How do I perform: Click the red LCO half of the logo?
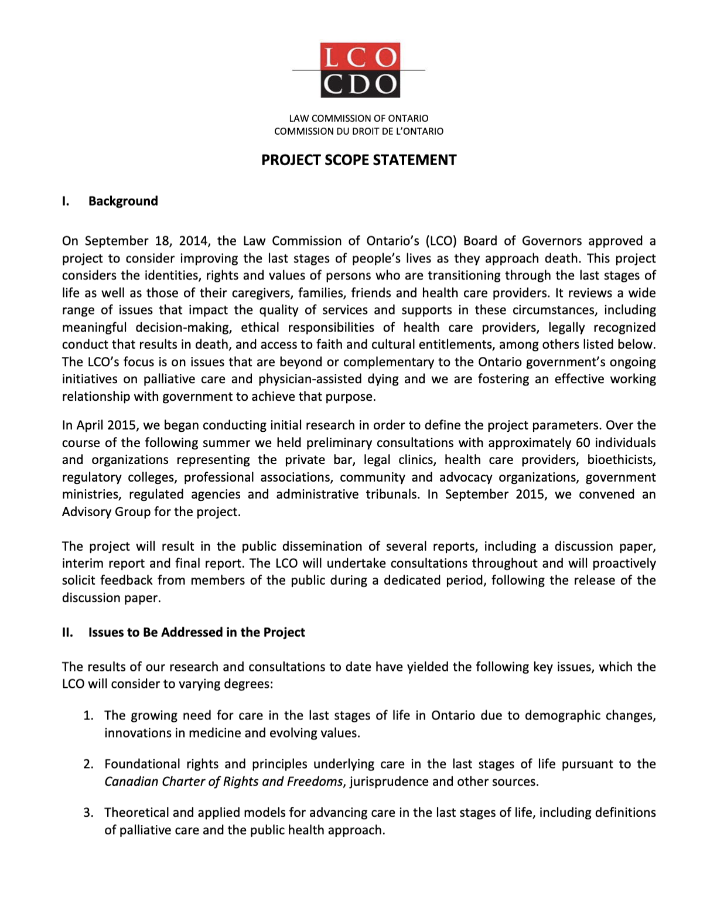(x=360, y=57)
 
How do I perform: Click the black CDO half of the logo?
(x=360, y=84)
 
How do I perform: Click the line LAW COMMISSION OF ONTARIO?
(x=358, y=118)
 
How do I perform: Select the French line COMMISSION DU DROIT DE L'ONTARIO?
(x=358, y=131)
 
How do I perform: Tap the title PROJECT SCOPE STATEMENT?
(x=358, y=160)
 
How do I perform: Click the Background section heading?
(x=123, y=201)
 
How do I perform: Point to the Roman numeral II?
(x=67, y=632)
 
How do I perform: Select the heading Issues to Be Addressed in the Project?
(x=196, y=632)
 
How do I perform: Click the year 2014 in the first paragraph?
(x=193, y=241)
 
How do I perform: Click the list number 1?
(x=88, y=715)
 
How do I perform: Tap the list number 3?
(x=88, y=813)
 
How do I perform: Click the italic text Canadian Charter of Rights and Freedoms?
(x=223, y=782)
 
